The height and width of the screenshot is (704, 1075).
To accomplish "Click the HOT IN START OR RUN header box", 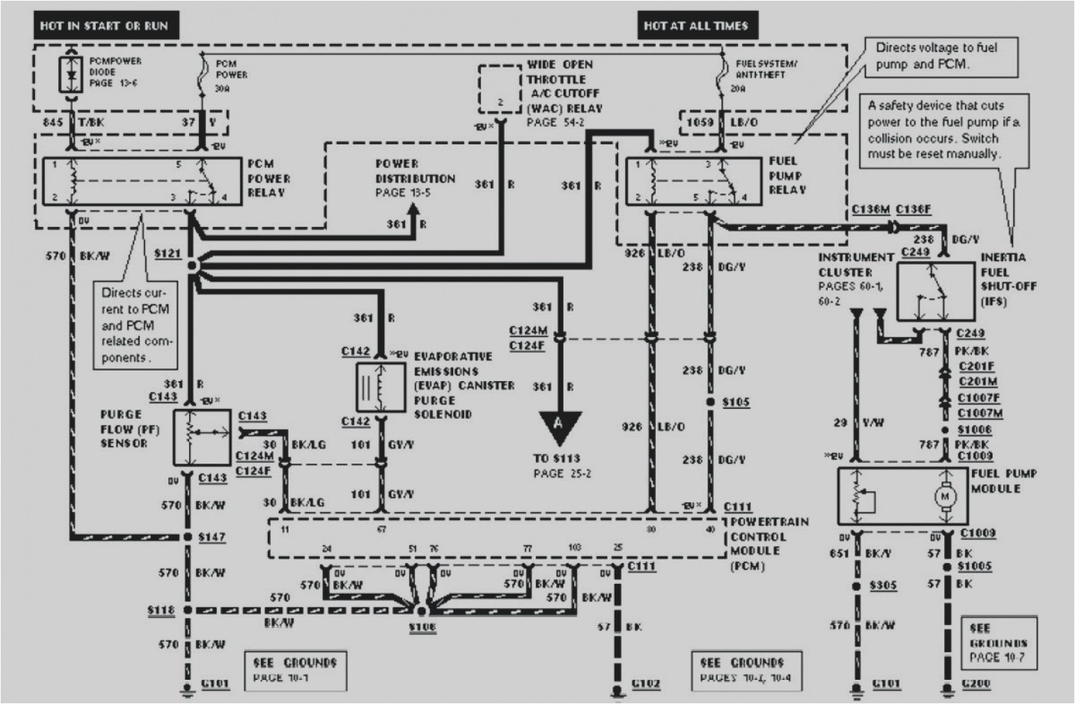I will tap(104, 26).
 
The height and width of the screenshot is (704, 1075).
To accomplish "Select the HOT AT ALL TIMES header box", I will tap(696, 26).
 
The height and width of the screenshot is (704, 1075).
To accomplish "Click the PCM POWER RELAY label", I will tap(269, 178).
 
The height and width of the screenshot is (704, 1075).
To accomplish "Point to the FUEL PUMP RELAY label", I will tap(787, 176).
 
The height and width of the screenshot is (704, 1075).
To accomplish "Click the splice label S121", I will tap(167, 253).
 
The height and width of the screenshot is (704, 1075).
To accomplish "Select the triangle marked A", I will tap(559, 425).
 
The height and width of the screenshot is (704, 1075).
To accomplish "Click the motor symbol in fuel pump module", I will tap(945, 496).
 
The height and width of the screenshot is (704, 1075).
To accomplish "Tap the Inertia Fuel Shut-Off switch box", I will tap(935, 292).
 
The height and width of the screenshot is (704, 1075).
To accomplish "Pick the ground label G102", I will tap(645, 683).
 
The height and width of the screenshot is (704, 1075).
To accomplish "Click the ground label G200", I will tap(976, 683).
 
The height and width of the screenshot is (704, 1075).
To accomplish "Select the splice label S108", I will tap(422, 626).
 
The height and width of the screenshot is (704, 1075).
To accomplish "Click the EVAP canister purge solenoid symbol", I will tap(381, 387).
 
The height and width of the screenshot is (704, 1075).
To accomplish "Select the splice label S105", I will tap(736, 402).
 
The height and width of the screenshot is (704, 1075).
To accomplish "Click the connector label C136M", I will tap(870, 209).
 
